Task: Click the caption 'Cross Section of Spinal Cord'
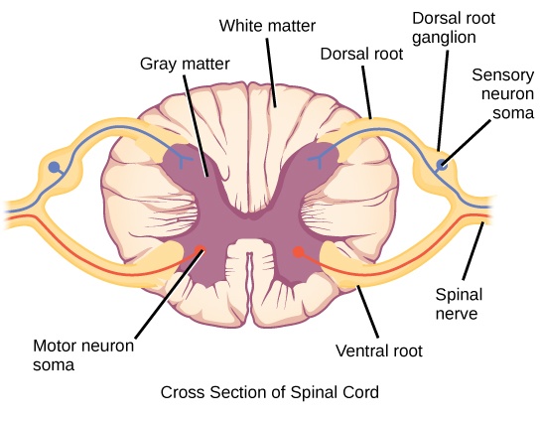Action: tap(269, 392)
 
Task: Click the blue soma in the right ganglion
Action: tap(442, 164)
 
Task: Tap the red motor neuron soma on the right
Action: tap(297, 252)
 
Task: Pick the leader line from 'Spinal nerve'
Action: tap(472, 254)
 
